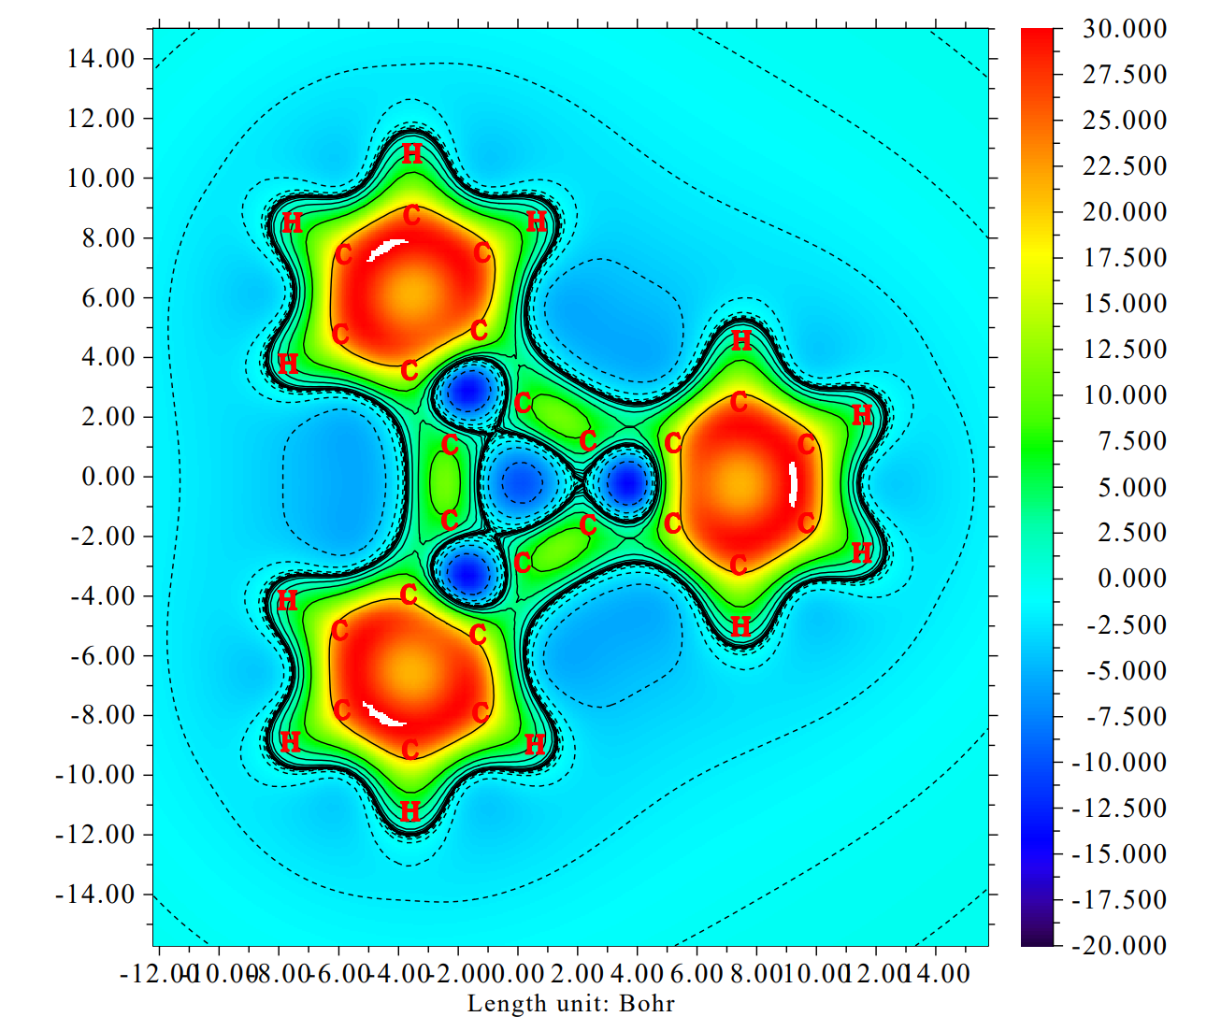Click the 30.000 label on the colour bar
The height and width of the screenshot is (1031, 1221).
point(1124,29)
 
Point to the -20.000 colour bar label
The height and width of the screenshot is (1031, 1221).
point(1118,946)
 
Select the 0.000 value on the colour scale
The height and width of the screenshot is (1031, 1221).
point(1131,579)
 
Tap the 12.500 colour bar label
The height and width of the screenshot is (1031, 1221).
point(1124,350)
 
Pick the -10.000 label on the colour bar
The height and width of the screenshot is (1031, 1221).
point(1118,763)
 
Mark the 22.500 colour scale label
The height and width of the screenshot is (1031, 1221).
point(1124,166)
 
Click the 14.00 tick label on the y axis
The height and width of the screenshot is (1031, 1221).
point(101,59)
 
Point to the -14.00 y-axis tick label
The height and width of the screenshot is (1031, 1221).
point(95,895)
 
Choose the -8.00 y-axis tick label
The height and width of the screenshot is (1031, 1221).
point(101,715)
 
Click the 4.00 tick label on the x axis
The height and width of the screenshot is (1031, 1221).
point(637,974)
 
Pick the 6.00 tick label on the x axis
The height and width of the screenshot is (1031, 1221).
point(697,974)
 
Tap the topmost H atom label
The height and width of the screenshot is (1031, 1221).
point(411,154)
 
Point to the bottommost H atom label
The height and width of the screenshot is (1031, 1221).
point(409,812)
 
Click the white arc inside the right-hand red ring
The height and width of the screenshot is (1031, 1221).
point(793,482)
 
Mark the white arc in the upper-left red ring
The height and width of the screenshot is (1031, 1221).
point(386,249)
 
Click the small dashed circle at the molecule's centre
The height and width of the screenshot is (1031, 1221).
point(520,480)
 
